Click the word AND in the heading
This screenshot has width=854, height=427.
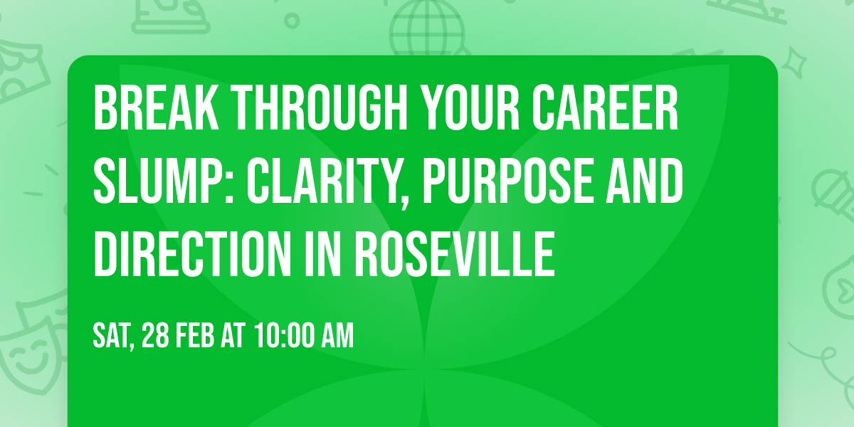(647, 181)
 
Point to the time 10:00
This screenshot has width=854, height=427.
(279, 336)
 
